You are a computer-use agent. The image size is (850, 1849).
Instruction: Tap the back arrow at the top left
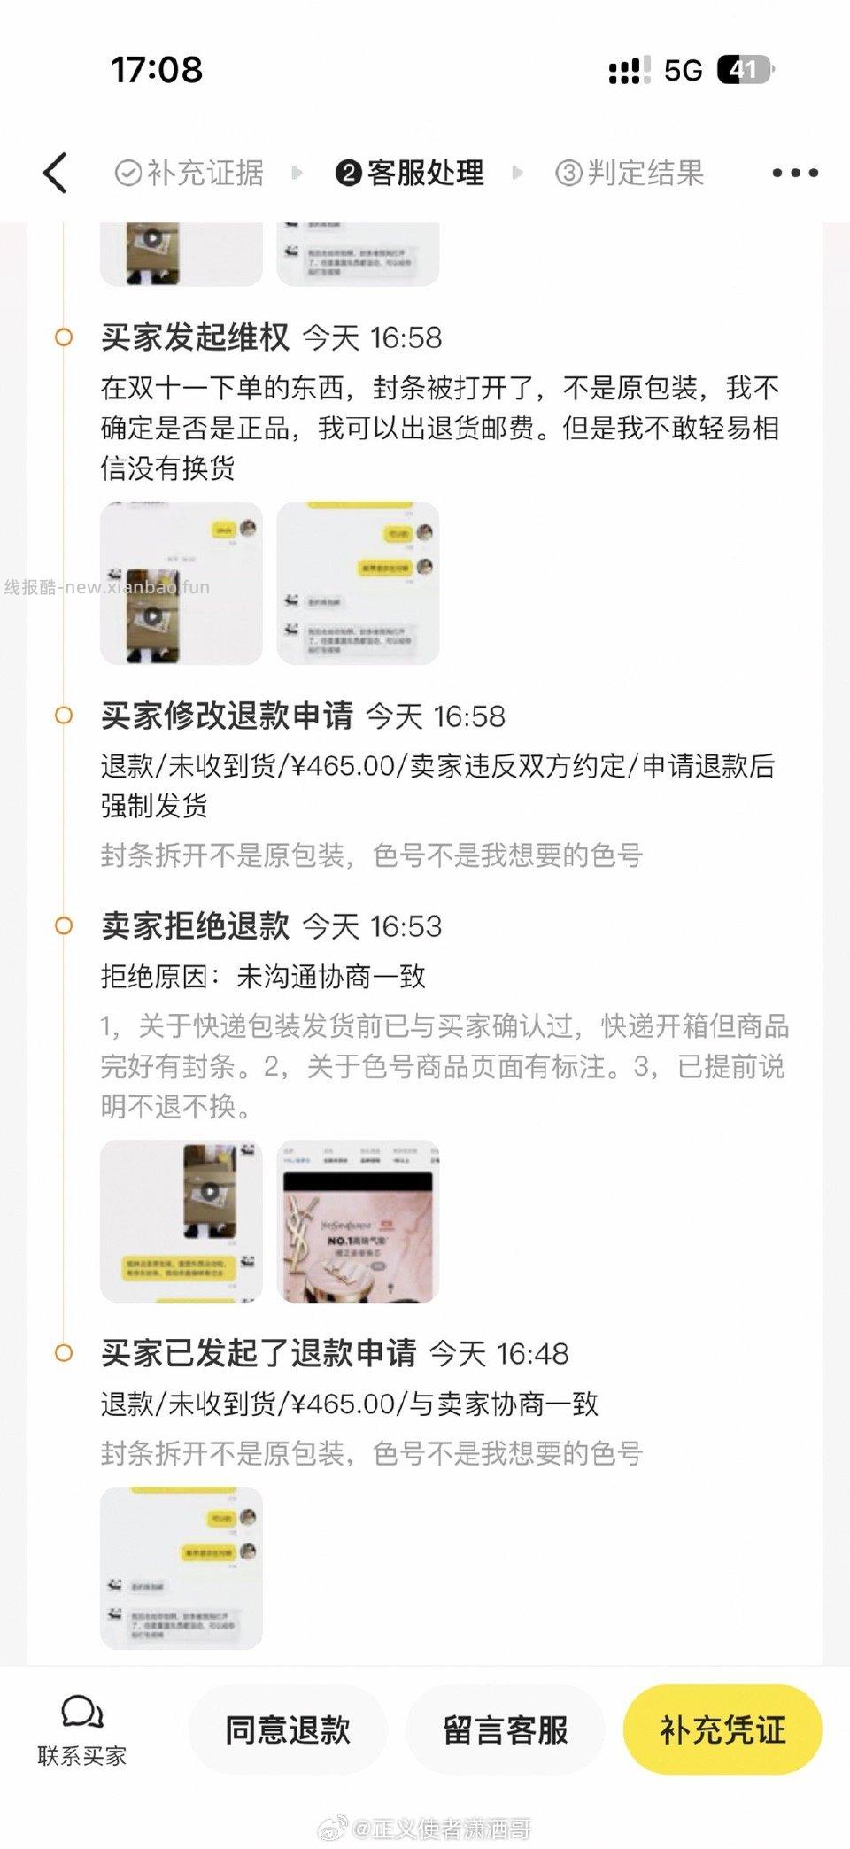click(55, 173)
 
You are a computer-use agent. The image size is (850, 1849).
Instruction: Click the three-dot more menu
click(794, 173)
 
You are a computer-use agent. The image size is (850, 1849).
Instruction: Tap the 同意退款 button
click(288, 1729)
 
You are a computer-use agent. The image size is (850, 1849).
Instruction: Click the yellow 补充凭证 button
click(722, 1729)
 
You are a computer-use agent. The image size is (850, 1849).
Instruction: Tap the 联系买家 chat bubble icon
click(81, 1714)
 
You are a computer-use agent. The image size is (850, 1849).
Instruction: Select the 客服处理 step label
click(425, 173)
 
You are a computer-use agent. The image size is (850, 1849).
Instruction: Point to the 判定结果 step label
click(645, 173)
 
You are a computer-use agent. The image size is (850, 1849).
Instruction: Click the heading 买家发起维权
click(195, 337)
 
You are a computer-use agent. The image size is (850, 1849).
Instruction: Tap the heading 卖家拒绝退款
click(195, 925)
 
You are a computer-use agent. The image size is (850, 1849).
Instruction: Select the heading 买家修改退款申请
click(227, 716)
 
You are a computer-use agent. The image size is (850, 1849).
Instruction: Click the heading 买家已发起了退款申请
click(259, 1353)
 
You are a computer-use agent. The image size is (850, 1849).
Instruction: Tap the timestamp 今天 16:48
click(499, 1354)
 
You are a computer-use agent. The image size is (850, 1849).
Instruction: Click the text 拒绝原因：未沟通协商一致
click(263, 976)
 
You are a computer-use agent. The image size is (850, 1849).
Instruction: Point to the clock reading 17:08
click(157, 70)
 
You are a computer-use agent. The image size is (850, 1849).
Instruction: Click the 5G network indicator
click(683, 70)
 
